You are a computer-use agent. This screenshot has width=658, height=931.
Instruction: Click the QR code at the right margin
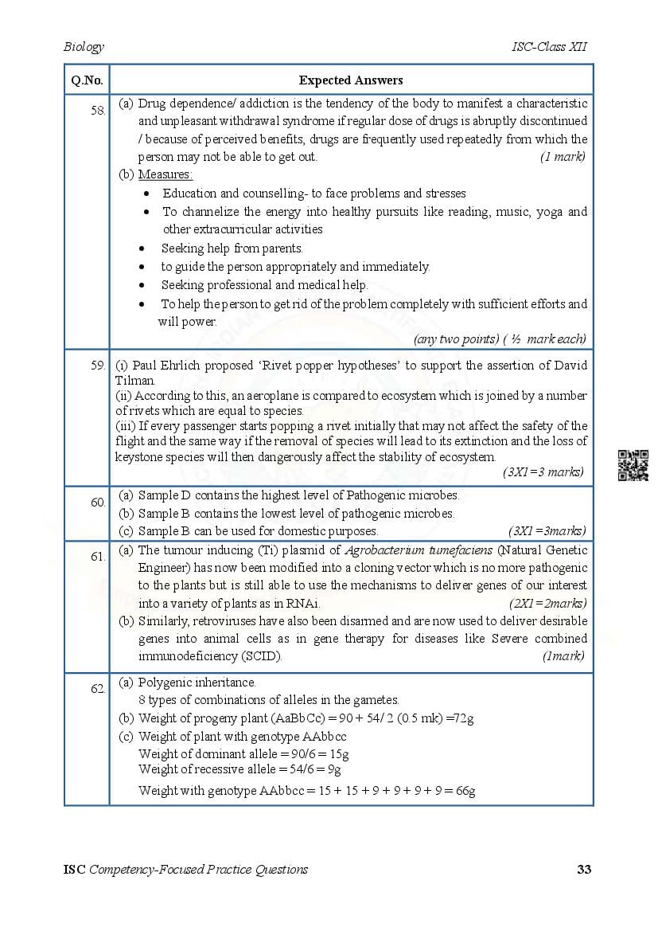633,466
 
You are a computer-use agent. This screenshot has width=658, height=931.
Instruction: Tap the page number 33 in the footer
584,869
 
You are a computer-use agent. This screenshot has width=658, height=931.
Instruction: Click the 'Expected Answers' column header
351,80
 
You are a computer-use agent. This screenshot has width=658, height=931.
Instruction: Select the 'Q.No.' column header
86,80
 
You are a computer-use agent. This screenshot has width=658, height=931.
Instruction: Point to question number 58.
98,111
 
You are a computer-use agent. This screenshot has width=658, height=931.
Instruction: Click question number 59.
98,366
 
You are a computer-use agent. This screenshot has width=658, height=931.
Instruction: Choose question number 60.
98,503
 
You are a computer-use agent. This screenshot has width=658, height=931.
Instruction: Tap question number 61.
98,557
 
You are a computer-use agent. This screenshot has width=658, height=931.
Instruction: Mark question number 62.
98,689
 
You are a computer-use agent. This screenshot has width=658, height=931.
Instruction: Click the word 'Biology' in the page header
84,47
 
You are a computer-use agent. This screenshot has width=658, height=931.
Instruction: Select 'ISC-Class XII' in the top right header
550,47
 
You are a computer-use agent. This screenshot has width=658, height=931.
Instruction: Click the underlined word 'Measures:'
165,174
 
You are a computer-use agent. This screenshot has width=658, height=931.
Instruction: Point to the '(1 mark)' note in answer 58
563,157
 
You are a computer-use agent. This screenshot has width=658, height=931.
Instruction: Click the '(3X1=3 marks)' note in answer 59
543,472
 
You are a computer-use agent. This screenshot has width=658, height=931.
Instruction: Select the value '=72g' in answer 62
459,718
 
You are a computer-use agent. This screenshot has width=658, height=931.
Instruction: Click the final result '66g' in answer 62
465,791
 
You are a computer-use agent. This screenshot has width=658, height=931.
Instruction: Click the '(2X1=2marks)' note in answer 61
547,604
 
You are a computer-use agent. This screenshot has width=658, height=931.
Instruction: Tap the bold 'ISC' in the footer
74,869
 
